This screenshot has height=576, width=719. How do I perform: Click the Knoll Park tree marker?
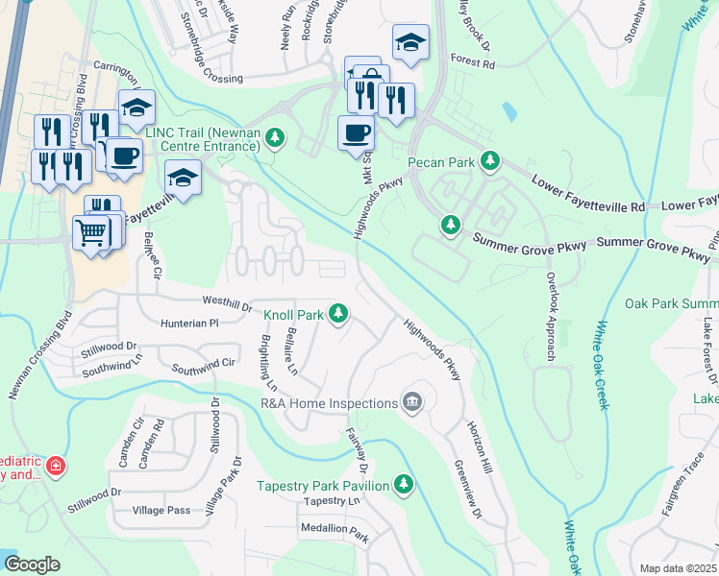tap(337, 313)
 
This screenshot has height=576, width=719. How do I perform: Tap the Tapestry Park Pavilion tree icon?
tap(405, 485)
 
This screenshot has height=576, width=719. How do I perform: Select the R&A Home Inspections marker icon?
tap(412, 401)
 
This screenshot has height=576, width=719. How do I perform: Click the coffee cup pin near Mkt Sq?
tap(357, 132)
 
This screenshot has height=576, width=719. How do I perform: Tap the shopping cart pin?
tap(91, 231)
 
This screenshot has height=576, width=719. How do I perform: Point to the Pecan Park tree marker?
tap(491, 161)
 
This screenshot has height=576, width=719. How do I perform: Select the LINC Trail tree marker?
tap(276, 138)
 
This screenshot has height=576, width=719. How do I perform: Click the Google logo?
tap(32, 564)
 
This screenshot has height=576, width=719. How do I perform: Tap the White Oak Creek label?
tap(603, 365)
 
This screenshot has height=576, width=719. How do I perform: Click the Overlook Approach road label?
tap(551, 316)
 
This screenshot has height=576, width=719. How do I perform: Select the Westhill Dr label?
tap(225, 302)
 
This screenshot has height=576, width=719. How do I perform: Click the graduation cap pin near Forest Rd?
tap(410, 42)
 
